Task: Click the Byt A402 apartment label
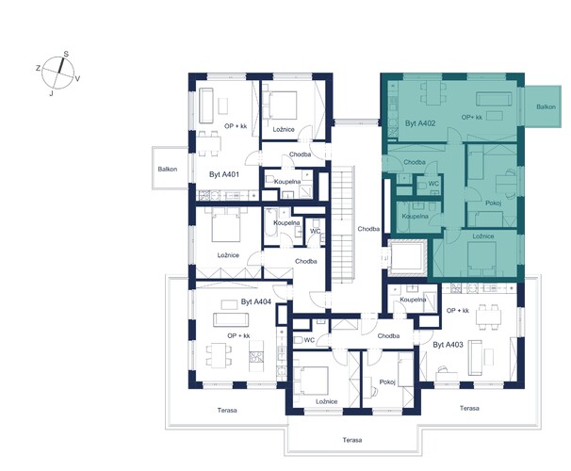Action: coord(420,123)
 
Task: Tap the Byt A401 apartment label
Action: coord(224,174)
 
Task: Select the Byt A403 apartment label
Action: coord(448,345)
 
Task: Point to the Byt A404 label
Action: coord(256,301)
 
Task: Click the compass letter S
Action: coord(66,55)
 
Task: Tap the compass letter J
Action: coord(51,93)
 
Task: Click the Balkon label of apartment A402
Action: coord(546,106)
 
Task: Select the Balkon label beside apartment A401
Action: coord(168,169)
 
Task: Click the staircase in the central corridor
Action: coord(343,224)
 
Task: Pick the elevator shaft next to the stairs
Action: coord(407,257)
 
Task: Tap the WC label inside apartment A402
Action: coord(433,184)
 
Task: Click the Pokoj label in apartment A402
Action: coord(494,203)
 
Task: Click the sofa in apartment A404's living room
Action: coord(231,320)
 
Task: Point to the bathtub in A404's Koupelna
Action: coord(269,222)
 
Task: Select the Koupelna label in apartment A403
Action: coord(413,300)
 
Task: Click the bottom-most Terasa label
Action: coord(352,440)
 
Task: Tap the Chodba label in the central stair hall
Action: coord(368,229)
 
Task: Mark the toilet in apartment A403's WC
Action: coord(298,340)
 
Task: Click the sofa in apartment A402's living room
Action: coord(495,99)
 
